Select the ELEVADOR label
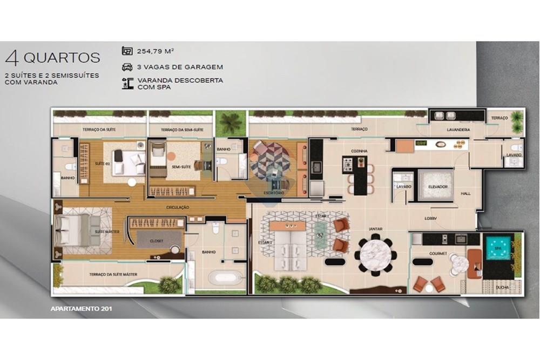point(438,187)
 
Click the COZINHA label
point(359,151)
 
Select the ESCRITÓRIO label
point(270,192)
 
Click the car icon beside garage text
point(127,67)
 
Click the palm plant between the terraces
point(231,124)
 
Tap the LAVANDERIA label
point(458,130)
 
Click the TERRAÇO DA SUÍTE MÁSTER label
point(113,275)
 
